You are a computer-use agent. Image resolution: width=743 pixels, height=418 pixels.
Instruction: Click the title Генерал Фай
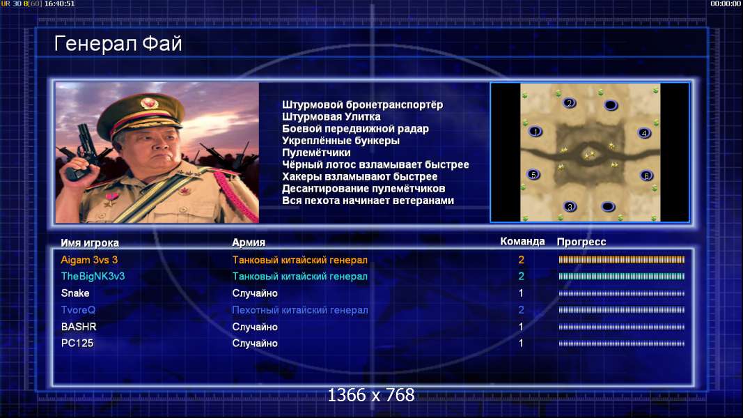[x=118, y=44]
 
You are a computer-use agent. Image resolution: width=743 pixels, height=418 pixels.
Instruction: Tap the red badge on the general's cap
[x=149, y=103]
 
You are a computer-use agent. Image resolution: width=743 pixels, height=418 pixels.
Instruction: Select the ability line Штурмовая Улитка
[x=331, y=116]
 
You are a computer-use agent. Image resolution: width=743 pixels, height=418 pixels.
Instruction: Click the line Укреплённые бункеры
[x=341, y=141]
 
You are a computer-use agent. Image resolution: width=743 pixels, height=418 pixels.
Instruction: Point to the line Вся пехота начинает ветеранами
[x=368, y=201]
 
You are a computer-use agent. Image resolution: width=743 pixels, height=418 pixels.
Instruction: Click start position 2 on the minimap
[x=569, y=103]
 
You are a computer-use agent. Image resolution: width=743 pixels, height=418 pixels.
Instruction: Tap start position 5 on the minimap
[x=533, y=175]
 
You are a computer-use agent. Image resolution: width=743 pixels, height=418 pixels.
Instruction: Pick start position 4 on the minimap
[x=644, y=133]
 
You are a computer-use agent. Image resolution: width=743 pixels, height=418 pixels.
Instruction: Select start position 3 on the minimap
[x=570, y=206]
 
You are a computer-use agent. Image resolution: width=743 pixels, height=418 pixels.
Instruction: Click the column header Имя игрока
[x=90, y=242]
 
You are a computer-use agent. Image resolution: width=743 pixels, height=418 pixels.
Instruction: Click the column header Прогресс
[x=581, y=242]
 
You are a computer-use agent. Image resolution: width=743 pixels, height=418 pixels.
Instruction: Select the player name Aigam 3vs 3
[x=89, y=260]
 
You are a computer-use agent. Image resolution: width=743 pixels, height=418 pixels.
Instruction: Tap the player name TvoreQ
[x=78, y=310]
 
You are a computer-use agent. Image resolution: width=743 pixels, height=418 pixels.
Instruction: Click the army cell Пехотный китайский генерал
[x=300, y=310]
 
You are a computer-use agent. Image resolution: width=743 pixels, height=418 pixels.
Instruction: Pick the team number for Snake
[x=521, y=293]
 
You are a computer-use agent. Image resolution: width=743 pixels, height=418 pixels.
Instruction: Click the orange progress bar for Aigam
[x=622, y=260]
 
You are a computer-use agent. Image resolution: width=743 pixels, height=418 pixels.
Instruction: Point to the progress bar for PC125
[x=622, y=343]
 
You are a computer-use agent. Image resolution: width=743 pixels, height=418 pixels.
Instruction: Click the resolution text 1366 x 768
[x=371, y=395]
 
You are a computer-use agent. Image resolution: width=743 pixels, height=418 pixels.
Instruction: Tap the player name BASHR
[x=79, y=327]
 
